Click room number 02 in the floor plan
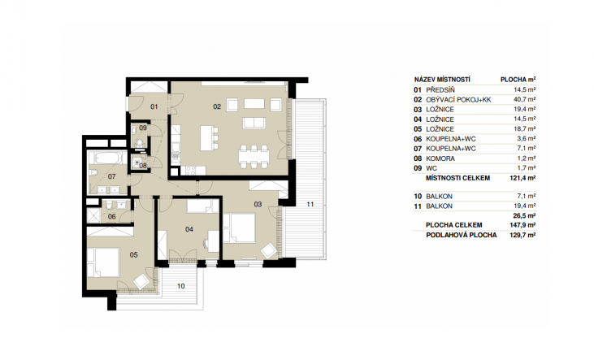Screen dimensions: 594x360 click(x=217, y=107)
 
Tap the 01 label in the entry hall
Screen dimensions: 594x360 click(x=154, y=107)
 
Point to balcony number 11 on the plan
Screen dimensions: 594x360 click(x=310, y=204)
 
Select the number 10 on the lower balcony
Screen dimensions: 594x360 click(x=180, y=286)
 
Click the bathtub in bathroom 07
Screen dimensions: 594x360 click(x=106, y=158)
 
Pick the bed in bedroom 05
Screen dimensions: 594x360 click(x=103, y=262)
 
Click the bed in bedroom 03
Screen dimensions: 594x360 click(x=239, y=228)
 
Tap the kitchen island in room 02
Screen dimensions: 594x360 click(x=206, y=138)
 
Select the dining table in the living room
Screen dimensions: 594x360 click(x=254, y=156)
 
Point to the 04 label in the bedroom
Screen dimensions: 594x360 click(x=189, y=229)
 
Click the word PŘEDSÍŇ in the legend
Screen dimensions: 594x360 click(x=440, y=90)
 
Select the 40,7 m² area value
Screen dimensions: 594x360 click(x=525, y=100)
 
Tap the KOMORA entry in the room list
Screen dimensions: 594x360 click(x=440, y=158)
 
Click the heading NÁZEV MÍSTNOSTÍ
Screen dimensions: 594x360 click(x=442, y=80)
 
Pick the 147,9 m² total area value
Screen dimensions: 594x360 click(x=522, y=225)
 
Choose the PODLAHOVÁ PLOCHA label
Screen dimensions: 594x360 click(x=461, y=235)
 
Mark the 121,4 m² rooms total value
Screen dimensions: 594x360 click(x=522, y=178)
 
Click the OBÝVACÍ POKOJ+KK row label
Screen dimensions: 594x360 click(x=458, y=100)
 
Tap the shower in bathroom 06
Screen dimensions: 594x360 click(x=93, y=215)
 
